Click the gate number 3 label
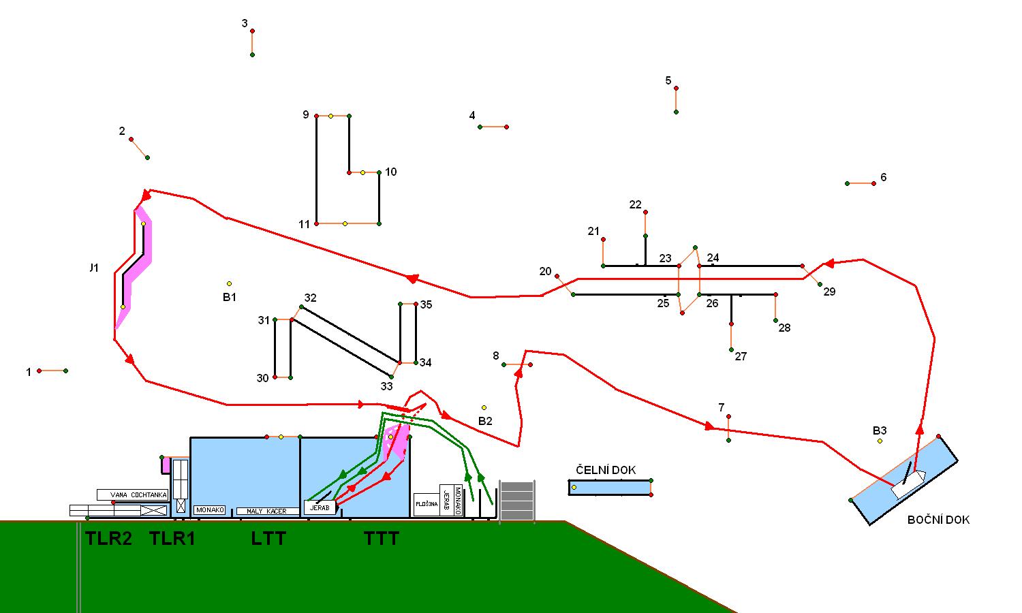[x=245, y=24]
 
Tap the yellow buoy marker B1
[x=230, y=283]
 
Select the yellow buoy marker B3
[x=880, y=441]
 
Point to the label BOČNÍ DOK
[x=938, y=520]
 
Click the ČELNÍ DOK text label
[x=606, y=470]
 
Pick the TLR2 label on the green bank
[x=108, y=539]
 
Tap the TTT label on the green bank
[x=382, y=539]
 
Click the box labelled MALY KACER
[x=267, y=511]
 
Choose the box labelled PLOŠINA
[x=426, y=505]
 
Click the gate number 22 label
[x=635, y=204]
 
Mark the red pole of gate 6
[x=873, y=183]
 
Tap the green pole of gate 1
[x=65, y=371]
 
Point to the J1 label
[x=94, y=268]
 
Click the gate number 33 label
[x=386, y=386]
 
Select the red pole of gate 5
[x=676, y=88]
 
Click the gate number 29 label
[x=829, y=292]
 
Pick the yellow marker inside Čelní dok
[x=574, y=487]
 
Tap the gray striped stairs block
[x=517, y=501]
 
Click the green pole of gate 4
[x=480, y=127]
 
